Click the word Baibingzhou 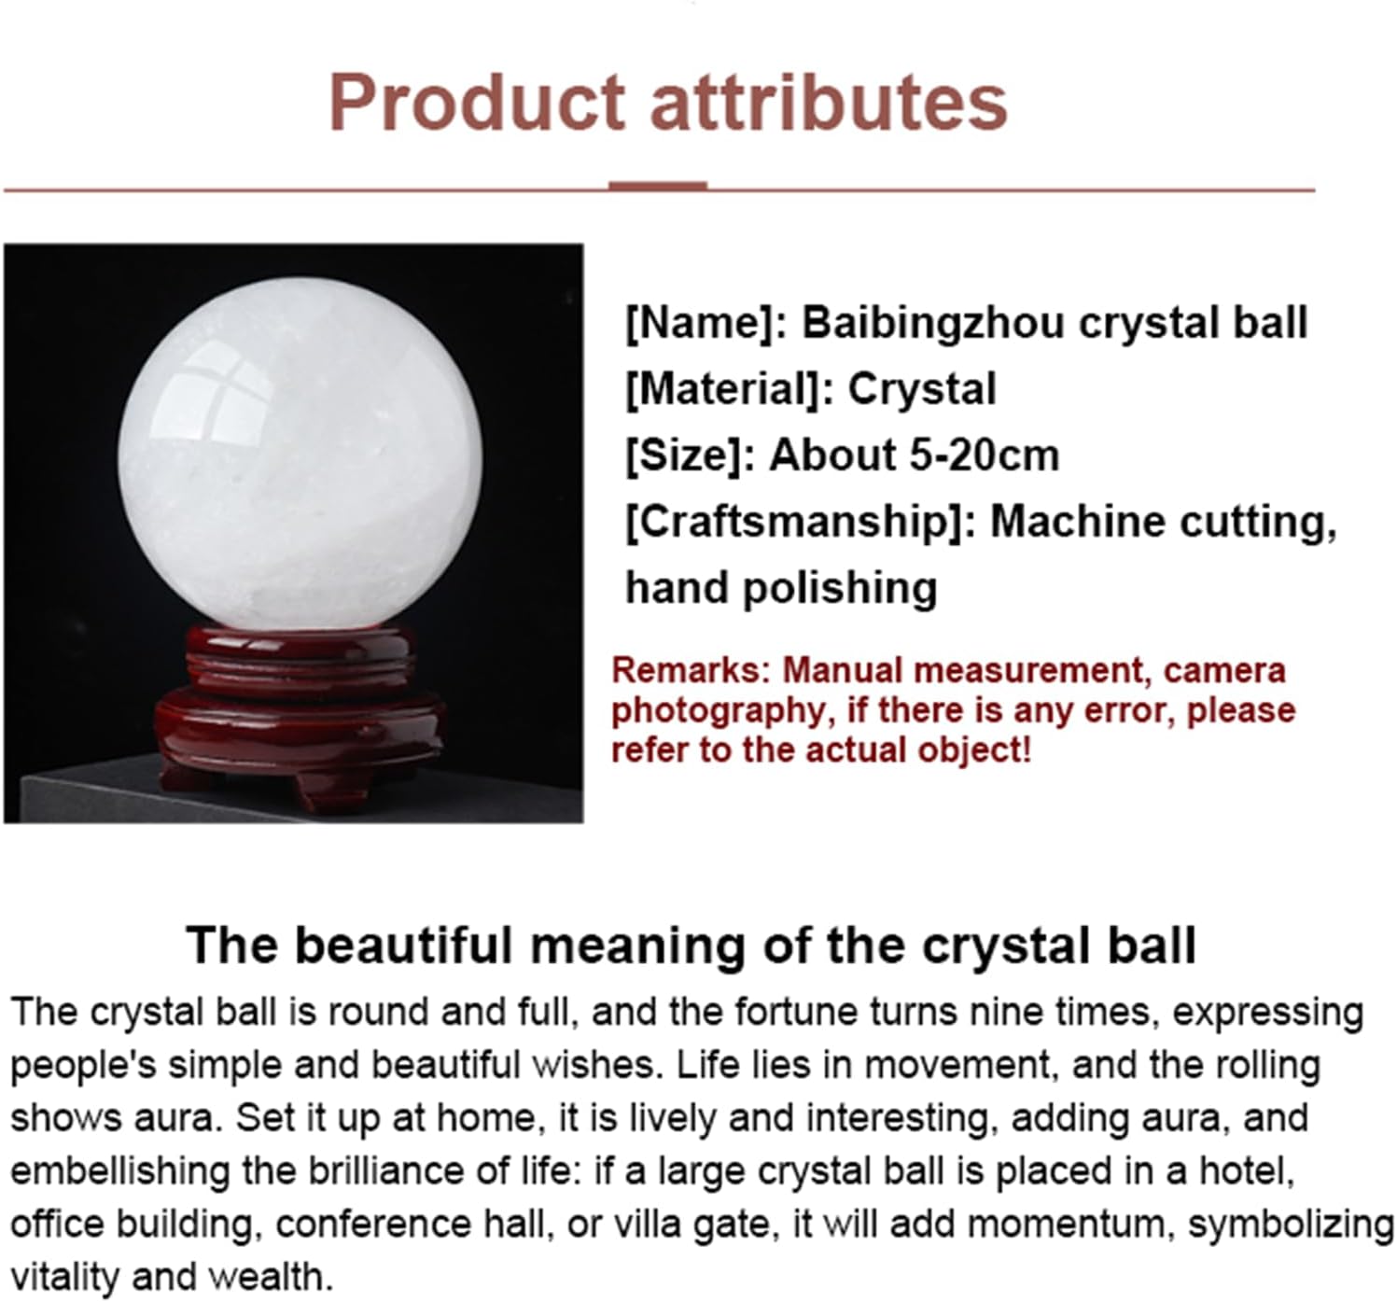pos(933,323)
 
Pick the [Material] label pos(729,389)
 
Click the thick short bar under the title pos(657,186)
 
